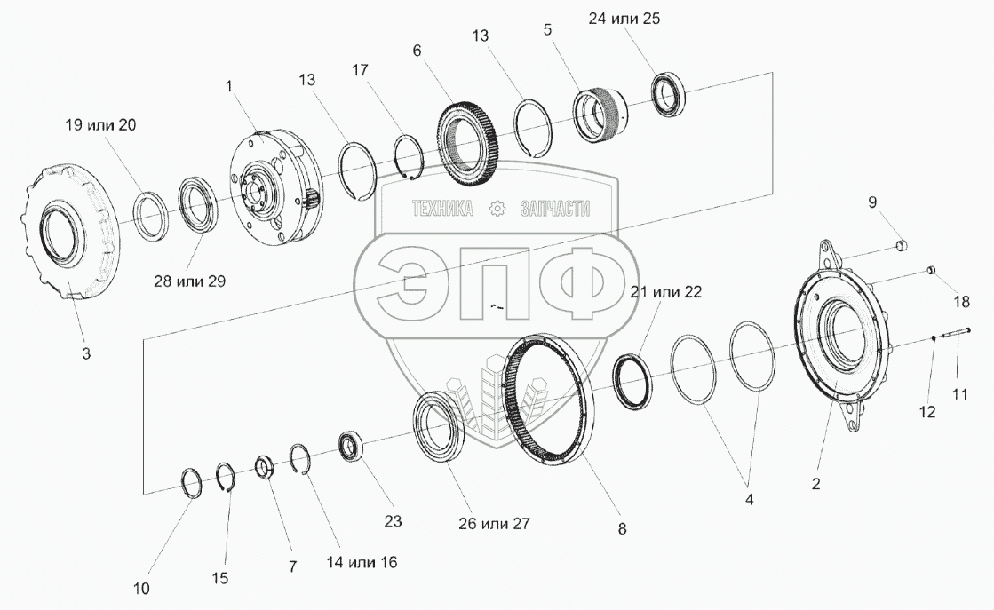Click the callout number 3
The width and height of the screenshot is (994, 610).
point(85,353)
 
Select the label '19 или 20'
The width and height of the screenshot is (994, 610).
point(101,125)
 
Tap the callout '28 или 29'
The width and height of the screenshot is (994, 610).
point(190,281)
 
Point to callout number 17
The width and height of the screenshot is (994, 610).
point(359,69)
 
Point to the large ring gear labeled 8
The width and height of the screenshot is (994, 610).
point(547,399)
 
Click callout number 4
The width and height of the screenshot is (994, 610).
point(749,499)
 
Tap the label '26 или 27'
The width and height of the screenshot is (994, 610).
point(494,523)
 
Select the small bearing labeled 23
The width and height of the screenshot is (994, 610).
point(351,446)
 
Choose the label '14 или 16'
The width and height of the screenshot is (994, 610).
point(362,562)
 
